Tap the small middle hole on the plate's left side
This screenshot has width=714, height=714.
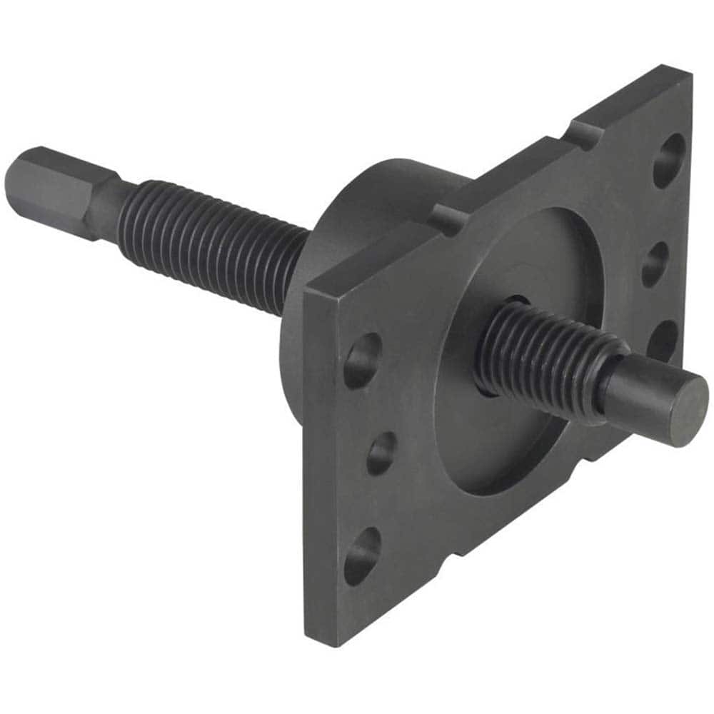click(382, 453)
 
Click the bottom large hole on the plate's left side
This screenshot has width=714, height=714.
click(361, 555)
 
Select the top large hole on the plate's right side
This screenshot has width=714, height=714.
click(669, 160)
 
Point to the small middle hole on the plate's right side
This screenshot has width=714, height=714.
click(655, 264)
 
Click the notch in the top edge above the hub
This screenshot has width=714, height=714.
click(446, 215)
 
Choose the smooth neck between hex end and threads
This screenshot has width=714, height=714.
click(107, 201)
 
